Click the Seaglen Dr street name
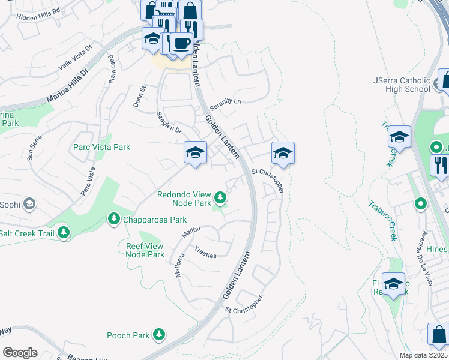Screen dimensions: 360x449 pyautogui.click(x=169, y=122)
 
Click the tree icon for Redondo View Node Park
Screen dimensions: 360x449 pyautogui.click(x=221, y=197)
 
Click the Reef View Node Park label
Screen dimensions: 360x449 pyautogui.click(x=145, y=250)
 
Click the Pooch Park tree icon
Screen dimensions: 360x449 pyautogui.click(x=158, y=334)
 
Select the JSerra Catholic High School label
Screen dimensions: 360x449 pyautogui.click(x=402, y=85)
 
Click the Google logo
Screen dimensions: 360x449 pyautogui.click(x=20, y=353)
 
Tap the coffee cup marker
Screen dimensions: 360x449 pyautogui.click(x=181, y=43)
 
